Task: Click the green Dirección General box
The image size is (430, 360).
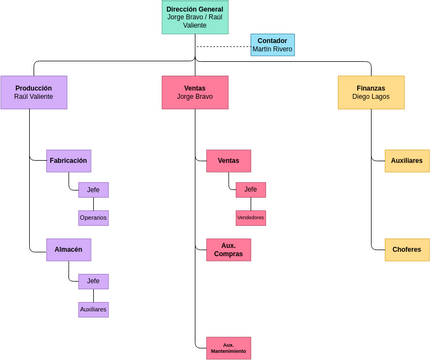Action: pyautogui.click(x=194, y=17)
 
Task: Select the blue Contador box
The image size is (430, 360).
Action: pyautogui.click(x=272, y=45)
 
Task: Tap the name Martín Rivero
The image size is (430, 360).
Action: pyautogui.click(x=272, y=50)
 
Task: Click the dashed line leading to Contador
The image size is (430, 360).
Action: pyautogui.click(x=222, y=46)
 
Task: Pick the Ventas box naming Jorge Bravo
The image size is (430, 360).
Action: pyautogui.click(x=194, y=92)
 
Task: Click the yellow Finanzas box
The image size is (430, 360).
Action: pyautogui.click(x=370, y=92)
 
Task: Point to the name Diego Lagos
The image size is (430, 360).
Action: pyautogui.click(x=370, y=98)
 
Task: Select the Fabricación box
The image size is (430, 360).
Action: pyautogui.click(x=69, y=160)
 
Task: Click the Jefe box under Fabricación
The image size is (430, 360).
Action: pyautogui.click(x=93, y=190)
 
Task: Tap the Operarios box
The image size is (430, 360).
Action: pyautogui.click(x=93, y=217)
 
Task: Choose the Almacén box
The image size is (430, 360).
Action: pyautogui.click(x=69, y=249)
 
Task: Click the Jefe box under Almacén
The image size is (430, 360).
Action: pyautogui.click(x=93, y=281)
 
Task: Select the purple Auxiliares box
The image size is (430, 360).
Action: pyautogui.click(x=93, y=309)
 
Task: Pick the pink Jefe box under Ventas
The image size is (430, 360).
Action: pyautogui.click(x=250, y=190)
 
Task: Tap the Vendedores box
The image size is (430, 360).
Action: pyautogui.click(x=250, y=217)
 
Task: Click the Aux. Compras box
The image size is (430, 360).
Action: pyautogui.click(x=228, y=249)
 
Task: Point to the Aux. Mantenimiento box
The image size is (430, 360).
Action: pyautogui.click(x=228, y=347)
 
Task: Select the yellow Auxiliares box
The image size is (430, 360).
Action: pyautogui.click(x=406, y=160)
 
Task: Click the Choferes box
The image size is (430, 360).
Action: pyautogui.click(x=406, y=249)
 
